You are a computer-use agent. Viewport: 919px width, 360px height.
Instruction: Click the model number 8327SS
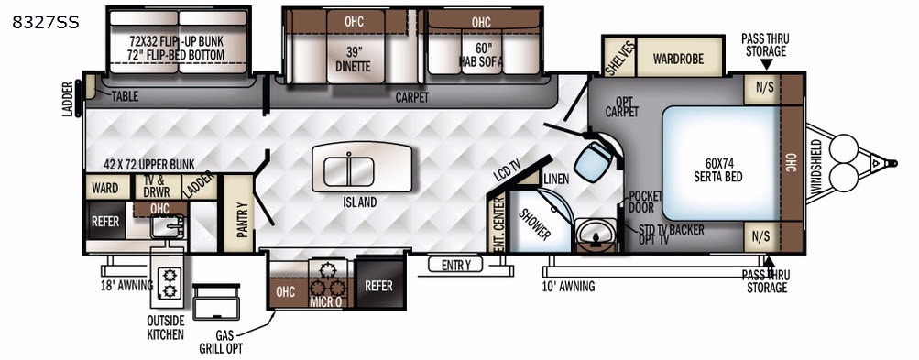point(45,22)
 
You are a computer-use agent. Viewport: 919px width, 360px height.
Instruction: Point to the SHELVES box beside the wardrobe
point(618,58)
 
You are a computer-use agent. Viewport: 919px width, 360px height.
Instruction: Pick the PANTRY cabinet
point(238,213)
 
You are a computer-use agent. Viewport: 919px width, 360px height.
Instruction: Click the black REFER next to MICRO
point(378,284)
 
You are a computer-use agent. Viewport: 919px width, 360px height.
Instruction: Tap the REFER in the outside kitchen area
point(105,221)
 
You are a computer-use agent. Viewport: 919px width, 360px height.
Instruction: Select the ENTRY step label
point(455,265)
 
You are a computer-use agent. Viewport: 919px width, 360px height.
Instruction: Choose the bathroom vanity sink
point(595,235)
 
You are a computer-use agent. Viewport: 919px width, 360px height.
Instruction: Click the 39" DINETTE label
point(353,59)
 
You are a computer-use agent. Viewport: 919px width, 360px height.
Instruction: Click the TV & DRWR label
point(153,187)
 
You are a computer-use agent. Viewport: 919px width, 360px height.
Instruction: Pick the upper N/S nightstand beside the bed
point(763,89)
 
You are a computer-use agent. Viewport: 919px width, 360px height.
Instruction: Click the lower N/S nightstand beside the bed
point(763,237)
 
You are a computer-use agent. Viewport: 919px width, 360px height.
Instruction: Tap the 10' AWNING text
point(568,287)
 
